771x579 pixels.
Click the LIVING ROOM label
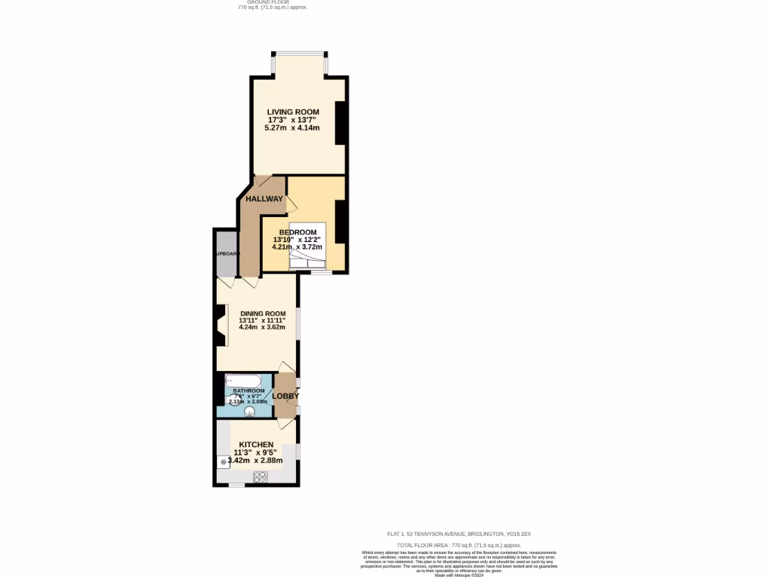tap(293, 112)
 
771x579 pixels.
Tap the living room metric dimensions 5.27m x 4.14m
tap(292, 128)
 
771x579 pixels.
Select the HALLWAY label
tap(264, 199)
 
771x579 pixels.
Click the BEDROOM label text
tap(297, 231)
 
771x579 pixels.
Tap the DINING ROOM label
tap(263, 314)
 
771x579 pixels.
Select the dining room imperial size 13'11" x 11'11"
tap(262, 320)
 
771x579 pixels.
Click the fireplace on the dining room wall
tap(221, 325)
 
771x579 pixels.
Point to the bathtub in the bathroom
tap(243, 380)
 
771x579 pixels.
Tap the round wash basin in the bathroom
tap(260, 412)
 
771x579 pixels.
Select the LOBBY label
tap(285, 396)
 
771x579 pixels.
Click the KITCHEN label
tap(256, 445)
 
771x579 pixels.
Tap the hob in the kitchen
tap(261, 476)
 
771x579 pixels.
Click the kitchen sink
tap(224, 461)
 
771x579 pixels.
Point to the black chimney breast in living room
tap(340, 122)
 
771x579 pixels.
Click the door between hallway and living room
tap(263, 181)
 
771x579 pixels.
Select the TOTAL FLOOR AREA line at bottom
tap(459, 544)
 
